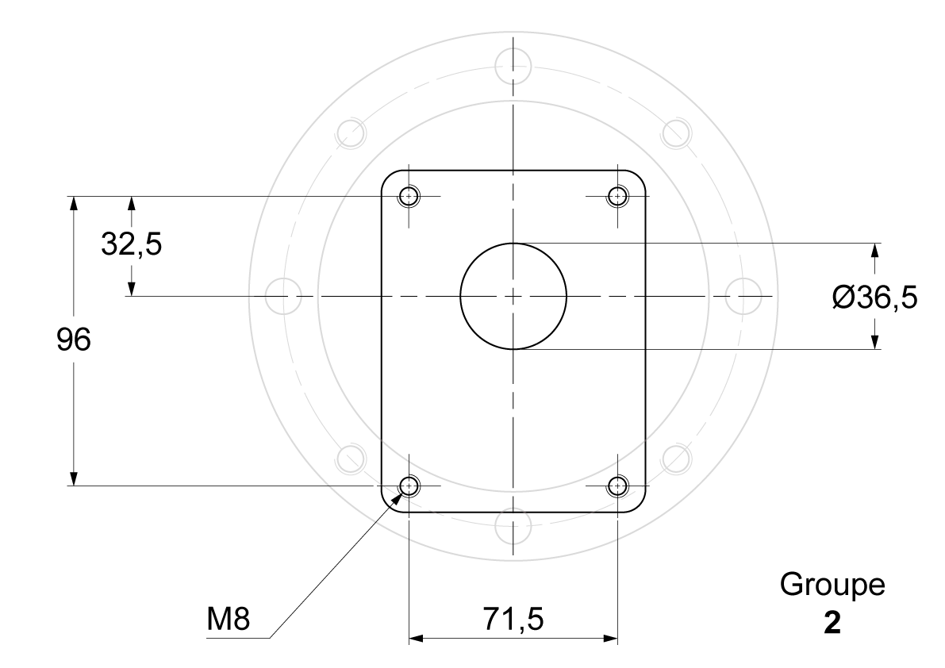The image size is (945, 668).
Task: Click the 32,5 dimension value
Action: click(132, 244)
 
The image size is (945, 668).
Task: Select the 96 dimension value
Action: click(74, 340)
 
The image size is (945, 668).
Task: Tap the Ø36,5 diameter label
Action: click(875, 298)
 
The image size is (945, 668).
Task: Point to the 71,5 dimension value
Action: click(513, 619)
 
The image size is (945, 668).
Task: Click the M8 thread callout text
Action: click(229, 619)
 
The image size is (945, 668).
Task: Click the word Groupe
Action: click(832, 584)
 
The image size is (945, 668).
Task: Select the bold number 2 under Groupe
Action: click(832, 624)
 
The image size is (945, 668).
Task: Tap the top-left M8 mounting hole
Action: click(409, 197)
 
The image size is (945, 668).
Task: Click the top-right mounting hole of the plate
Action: click(618, 197)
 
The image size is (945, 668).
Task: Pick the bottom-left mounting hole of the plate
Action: click(409, 486)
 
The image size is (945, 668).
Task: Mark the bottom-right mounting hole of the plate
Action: click(618, 486)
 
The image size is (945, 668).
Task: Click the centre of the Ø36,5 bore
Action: click(513, 297)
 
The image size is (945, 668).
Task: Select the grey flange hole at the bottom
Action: click(513, 526)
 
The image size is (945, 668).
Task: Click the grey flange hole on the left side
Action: click(283, 297)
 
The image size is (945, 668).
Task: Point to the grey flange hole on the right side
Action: click(743, 297)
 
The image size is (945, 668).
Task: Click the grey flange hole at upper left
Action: click(351, 134)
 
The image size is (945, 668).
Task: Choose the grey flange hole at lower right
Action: click(676, 459)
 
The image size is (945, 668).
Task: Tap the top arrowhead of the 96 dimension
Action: click(74, 203)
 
